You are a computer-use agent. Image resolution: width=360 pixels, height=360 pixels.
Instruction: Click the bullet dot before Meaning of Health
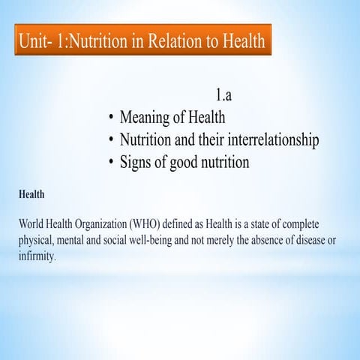(x=110, y=118)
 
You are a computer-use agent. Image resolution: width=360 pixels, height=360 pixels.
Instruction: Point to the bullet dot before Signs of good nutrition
(x=110, y=162)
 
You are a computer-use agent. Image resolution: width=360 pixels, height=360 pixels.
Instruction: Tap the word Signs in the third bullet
(x=136, y=162)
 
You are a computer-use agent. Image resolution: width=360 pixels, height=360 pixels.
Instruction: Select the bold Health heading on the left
(x=31, y=194)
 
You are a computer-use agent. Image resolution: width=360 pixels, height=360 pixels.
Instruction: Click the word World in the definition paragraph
(x=34, y=224)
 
